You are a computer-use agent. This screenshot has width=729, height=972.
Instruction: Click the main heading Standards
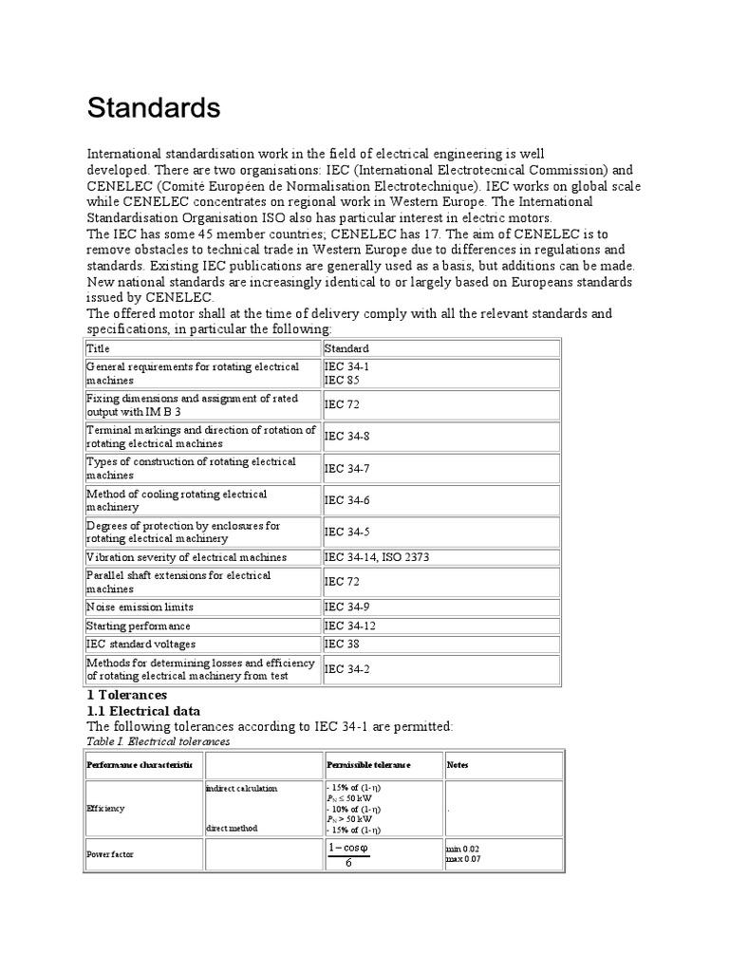coord(154,108)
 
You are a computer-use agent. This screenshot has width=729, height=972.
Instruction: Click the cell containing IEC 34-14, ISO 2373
coord(377,557)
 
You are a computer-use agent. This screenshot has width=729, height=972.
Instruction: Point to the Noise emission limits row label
coord(140,607)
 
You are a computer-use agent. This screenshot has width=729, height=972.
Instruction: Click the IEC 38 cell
coord(337,644)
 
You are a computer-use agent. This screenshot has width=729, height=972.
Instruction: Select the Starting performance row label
coord(139,626)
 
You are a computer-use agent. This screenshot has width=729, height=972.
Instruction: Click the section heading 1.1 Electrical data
coord(143,710)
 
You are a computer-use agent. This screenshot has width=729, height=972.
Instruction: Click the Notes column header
coord(458,764)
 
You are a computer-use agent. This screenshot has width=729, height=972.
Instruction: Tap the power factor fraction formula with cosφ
coord(347,854)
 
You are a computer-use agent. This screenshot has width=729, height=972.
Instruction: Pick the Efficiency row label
coord(105,808)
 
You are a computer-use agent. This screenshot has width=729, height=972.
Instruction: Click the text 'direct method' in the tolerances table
coord(233,828)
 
